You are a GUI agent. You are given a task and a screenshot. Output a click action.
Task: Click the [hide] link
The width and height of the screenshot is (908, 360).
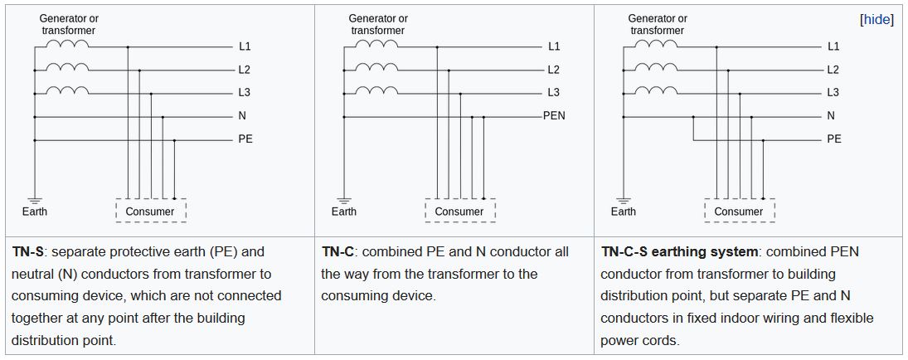point(876,19)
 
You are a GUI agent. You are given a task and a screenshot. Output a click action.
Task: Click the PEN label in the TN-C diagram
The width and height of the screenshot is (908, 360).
point(554,116)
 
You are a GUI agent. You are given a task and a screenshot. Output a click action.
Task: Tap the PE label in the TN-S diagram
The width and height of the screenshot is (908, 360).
point(245,139)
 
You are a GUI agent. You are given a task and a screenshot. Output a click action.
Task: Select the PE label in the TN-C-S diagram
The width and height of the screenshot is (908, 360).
point(834,139)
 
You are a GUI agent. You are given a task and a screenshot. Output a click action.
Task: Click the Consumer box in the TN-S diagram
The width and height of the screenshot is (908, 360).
point(150,212)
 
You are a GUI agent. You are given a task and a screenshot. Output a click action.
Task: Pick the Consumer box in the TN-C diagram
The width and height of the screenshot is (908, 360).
point(459,212)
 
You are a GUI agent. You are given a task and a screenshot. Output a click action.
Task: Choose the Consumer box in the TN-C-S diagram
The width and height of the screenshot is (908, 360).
point(739,212)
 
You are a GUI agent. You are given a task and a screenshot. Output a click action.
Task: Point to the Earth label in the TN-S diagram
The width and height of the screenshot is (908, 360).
point(35,212)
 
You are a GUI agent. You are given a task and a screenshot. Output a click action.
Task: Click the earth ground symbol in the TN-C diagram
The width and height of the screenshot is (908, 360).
point(344,200)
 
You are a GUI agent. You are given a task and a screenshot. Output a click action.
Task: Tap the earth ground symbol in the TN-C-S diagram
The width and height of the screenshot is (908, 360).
point(624,200)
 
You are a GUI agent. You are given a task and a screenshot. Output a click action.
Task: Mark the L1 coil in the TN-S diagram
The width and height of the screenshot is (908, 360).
point(70,44)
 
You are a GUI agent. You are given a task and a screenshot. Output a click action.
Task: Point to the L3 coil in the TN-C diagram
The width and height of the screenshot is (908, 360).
point(379,90)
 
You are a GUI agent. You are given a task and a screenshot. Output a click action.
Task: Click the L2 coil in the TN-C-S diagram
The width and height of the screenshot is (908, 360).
point(658,67)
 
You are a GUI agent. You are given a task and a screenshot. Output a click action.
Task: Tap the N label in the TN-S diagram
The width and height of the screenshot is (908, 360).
point(242,116)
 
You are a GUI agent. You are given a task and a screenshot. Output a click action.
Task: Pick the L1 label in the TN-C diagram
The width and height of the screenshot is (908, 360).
point(554,46)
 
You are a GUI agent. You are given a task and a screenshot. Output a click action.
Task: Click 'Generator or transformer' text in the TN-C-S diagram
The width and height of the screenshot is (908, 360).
point(658,24)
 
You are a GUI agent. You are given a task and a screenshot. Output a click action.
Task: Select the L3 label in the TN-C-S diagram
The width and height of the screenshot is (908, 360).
point(833,93)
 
